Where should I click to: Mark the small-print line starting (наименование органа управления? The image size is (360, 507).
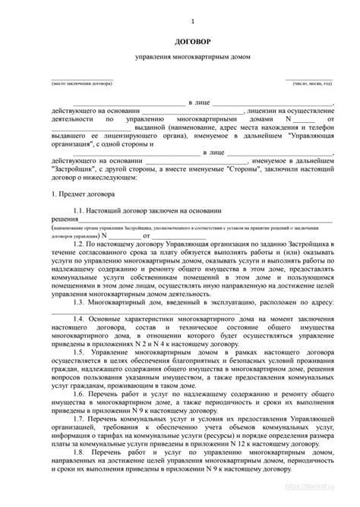[190, 227]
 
